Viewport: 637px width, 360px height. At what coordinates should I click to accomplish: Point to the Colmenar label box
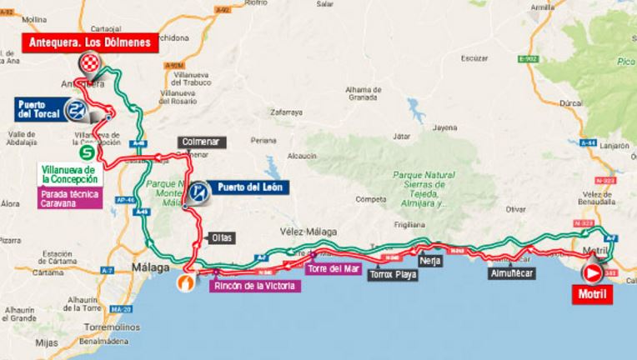199,142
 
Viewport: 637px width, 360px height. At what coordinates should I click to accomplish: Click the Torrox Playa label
393,272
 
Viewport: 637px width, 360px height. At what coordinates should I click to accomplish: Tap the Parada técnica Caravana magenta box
70,200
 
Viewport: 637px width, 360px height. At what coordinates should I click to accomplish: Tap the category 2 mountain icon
78,111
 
